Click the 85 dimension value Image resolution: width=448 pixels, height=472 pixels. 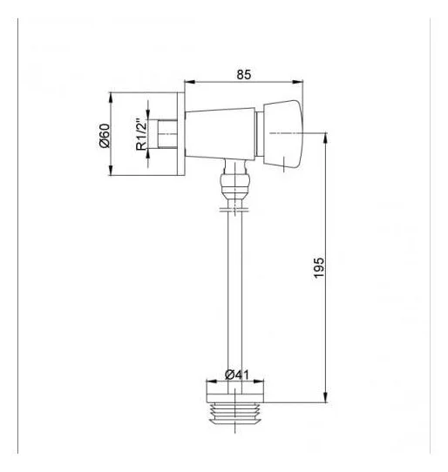(243, 74)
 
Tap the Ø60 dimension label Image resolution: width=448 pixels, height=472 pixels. (105, 136)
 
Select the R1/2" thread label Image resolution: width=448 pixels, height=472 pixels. (141, 134)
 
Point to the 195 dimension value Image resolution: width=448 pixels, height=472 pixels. (319, 267)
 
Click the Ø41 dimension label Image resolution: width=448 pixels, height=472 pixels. (237, 374)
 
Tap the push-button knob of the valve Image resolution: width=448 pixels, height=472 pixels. (283, 134)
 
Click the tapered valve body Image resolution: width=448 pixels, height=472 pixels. (221, 133)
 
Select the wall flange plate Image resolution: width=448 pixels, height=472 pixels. (180, 134)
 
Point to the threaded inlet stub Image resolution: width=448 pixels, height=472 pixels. (167, 134)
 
